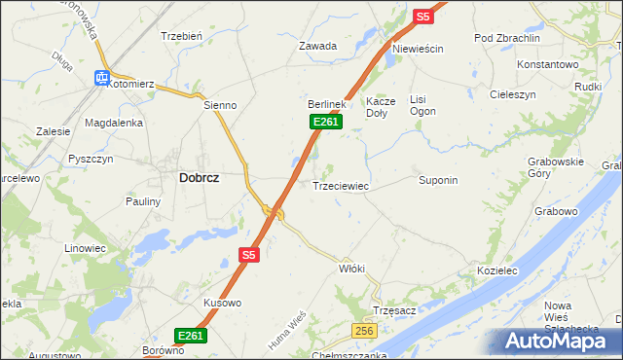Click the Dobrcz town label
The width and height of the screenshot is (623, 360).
tap(199, 178)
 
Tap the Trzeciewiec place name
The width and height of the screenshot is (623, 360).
tap(340, 185)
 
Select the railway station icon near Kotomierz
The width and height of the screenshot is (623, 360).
tap(100, 78)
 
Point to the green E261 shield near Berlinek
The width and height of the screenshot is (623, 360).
tap(325, 122)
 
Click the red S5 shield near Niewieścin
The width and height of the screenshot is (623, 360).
tap(422, 17)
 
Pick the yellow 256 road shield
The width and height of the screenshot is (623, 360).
tap(364, 332)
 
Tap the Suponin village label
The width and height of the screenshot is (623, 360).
tap(438, 180)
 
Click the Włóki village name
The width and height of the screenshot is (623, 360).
tap(351, 268)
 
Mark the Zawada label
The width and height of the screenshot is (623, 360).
tap(318, 46)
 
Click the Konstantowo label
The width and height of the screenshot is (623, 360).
tap(548, 63)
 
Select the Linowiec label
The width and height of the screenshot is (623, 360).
tap(85, 248)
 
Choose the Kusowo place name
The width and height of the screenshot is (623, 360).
tap(222, 303)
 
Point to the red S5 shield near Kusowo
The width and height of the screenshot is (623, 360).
tap(249, 255)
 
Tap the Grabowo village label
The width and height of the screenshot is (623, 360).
tap(556, 210)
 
